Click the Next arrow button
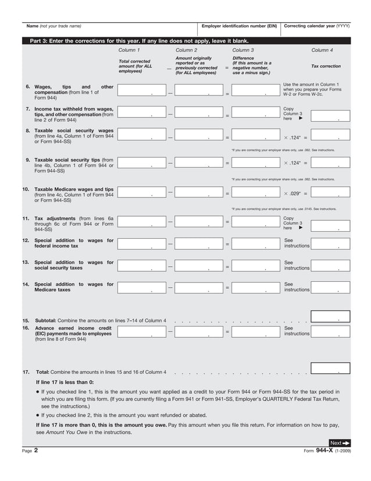tap(340, 443)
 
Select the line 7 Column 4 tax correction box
tap(330, 115)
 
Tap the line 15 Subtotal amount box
tap(330, 317)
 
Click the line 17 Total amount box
tap(330, 368)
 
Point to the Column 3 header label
tap(242, 51)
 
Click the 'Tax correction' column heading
tap(326, 66)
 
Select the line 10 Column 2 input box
tap(198, 192)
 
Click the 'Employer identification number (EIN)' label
tap(239, 26)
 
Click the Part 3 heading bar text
tap(139, 41)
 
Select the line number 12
tap(26, 240)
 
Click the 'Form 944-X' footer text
tap(325, 451)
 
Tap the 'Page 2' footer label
tap(30, 451)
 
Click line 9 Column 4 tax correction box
tap(330, 163)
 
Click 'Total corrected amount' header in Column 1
tap(134, 66)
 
